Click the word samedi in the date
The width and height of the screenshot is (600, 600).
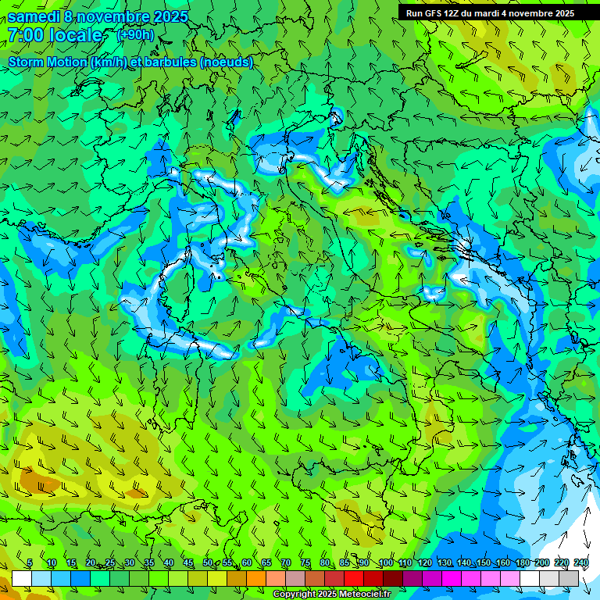pyautogui.click(x=34, y=16)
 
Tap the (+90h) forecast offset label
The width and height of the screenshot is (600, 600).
pyautogui.click(x=136, y=34)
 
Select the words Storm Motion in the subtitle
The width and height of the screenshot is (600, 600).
pyautogui.click(x=48, y=62)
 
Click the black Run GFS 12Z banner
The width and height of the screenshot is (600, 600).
pyautogui.click(x=490, y=13)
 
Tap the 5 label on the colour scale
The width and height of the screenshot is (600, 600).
pyautogui.click(x=30, y=563)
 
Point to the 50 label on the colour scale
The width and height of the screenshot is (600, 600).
pyautogui.click(x=207, y=563)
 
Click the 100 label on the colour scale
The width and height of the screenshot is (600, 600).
pyautogui.click(x=385, y=563)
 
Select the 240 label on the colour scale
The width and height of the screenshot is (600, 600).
pyautogui.click(x=581, y=563)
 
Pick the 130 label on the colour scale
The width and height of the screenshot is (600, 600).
pyautogui.click(x=444, y=563)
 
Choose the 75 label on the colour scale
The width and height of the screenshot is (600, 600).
pyautogui.click(x=305, y=563)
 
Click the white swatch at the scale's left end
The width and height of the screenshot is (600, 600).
pyautogui.click(x=22, y=578)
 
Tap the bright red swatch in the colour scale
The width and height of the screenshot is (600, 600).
pyautogui.click(x=354, y=578)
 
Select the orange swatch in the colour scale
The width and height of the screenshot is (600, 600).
pyautogui.click(x=256, y=578)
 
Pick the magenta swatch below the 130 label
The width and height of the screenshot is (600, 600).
pyautogui.click(x=452, y=578)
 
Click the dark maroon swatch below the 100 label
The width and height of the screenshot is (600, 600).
pyautogui.click(x=393, y=578)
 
